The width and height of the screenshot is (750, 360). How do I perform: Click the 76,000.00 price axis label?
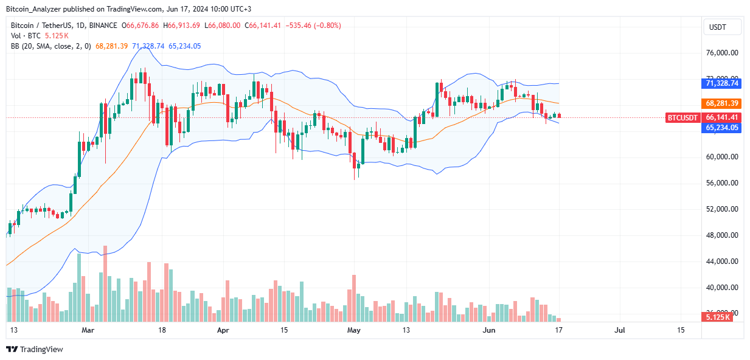[x=722, y=53]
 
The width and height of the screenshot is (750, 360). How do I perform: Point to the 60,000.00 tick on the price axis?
[x=722, y=157]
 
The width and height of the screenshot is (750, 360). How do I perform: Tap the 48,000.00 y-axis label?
[x=722, y=235]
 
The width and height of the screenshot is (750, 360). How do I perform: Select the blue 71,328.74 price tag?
[x=723, y=83]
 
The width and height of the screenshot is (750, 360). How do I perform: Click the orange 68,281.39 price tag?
[x=723, y=103]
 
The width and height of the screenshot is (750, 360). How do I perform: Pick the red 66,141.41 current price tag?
[x=723, y=117]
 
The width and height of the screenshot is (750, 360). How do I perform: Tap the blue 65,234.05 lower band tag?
[x=723, y=128]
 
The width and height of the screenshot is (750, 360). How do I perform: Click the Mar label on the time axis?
[x=88, y=330]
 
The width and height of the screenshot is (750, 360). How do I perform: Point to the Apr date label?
[x=223, y=330]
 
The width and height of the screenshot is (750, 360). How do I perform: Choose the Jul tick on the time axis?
[x=620, y=330]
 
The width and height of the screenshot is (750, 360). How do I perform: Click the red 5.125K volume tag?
[x=723, y=317]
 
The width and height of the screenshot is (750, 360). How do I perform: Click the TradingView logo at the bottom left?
[x=35, y=349]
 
